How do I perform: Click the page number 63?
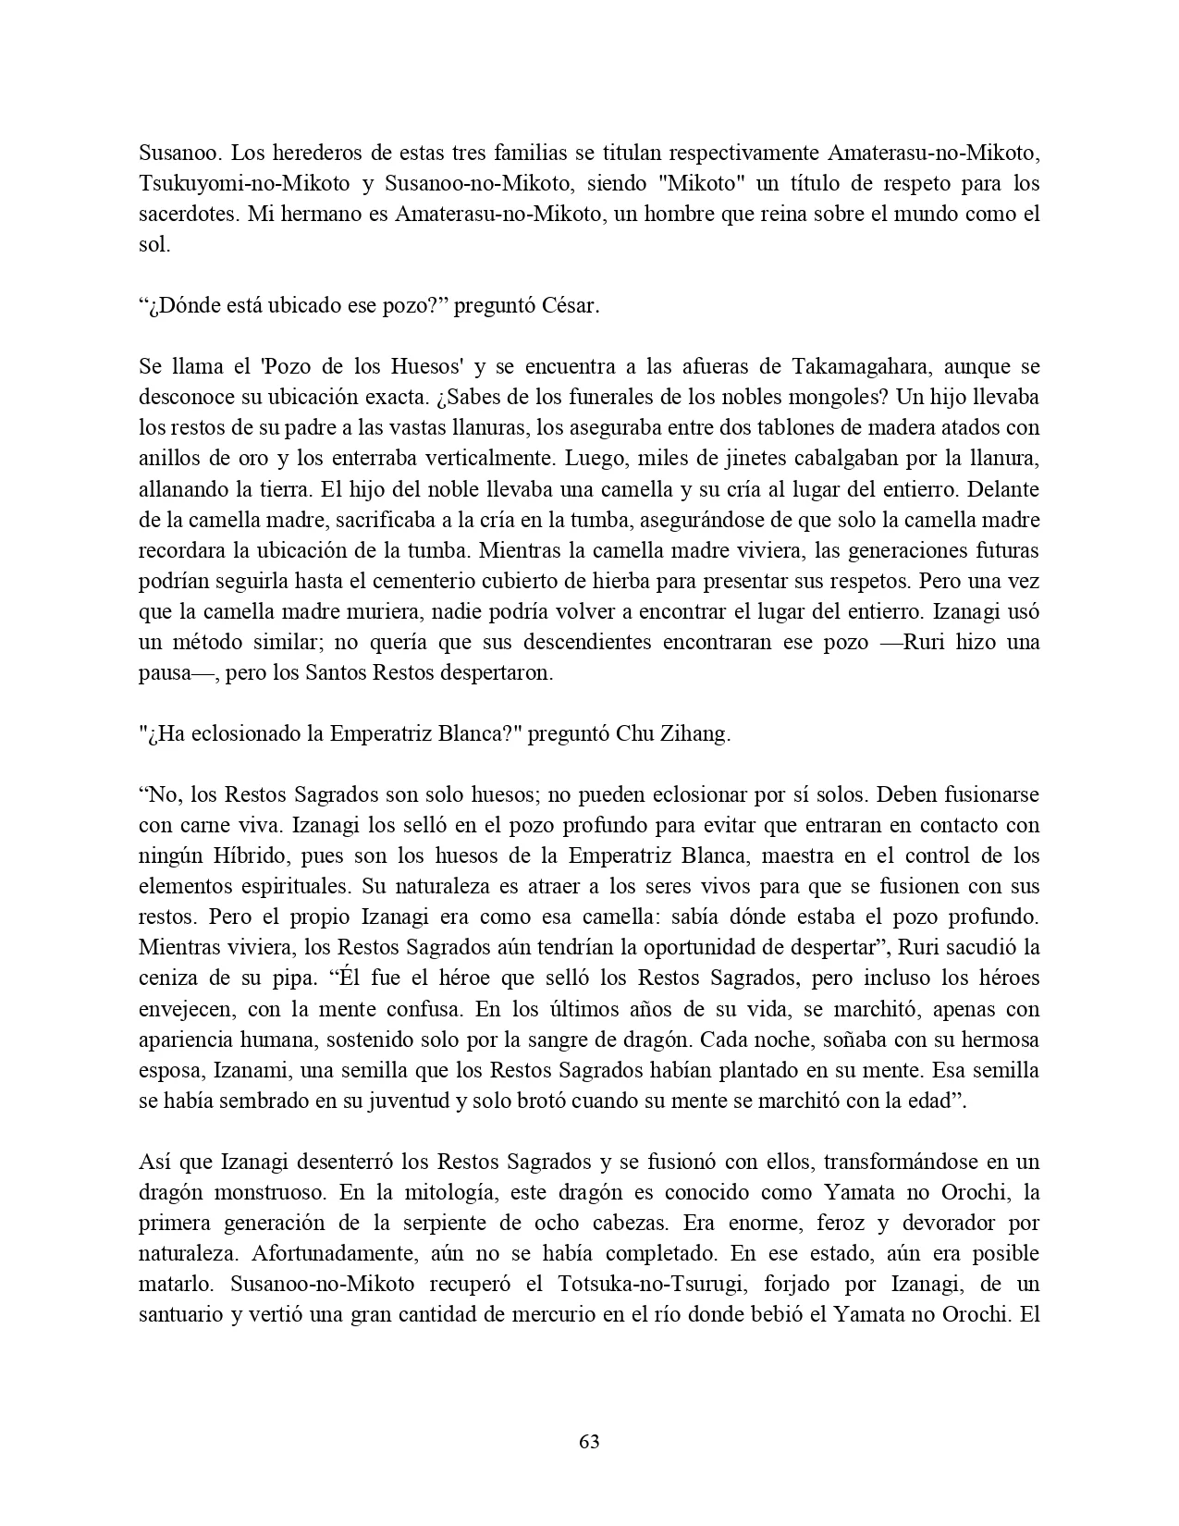pyautogui.click(x=589, y=1442)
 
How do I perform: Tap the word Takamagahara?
pyautogui.click(x=868, y=367)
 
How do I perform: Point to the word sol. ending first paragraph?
pyautogui.click(x=154, y=245)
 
